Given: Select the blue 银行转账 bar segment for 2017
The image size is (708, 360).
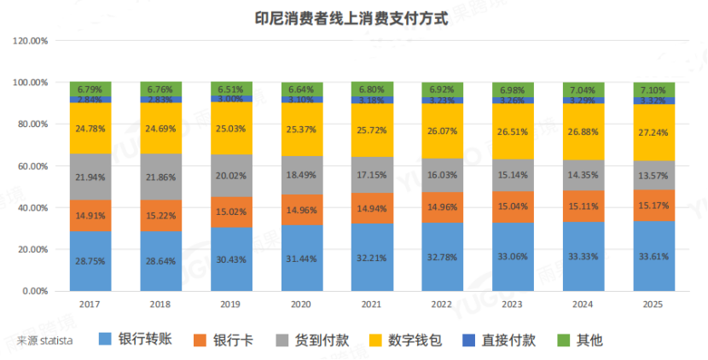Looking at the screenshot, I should [90, 262].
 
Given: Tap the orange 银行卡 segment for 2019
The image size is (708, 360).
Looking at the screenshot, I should [231, 212].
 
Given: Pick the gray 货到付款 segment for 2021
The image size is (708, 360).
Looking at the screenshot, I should [372, 175].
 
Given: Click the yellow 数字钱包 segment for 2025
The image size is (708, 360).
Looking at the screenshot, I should [653, 132].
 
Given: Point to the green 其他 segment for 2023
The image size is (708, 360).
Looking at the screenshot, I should [513, 90].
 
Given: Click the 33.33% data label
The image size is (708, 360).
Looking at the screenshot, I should [583, 258].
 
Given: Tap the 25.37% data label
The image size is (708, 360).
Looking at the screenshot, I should [302, 130].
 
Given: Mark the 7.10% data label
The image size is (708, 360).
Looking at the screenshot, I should [653, 90].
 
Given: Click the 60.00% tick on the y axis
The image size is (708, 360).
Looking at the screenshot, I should [35, 166].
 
